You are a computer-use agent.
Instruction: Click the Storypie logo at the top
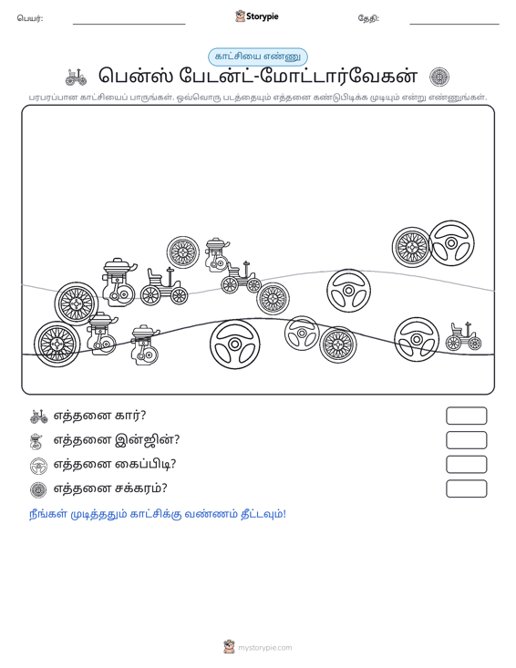[256, 16]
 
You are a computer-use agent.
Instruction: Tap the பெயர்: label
[30, 18]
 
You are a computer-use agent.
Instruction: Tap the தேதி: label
[368, 18]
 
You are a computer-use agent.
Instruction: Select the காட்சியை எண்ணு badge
[257, 57]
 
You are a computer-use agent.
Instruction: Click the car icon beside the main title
[76, 77]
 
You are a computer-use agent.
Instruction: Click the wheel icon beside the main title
[439, 77]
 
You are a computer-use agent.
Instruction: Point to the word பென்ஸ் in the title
[136, 77]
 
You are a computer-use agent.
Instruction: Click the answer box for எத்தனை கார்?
[466, 416]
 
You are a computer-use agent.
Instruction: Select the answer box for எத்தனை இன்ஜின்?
[466, 440]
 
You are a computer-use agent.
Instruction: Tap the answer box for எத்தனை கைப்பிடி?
[466, 465]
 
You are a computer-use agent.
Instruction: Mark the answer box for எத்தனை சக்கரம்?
[466, 488]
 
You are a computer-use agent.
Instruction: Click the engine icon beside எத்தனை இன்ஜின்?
[37, 441]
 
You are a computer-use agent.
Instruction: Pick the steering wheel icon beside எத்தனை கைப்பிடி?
[38, 466]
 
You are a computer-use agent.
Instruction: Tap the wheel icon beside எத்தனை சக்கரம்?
[38, 490]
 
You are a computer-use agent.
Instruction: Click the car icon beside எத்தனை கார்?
[39, 416]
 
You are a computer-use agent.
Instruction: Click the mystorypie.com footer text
[264, 648]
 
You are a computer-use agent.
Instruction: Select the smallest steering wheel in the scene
[302, 333]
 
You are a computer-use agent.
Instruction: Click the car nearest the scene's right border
[464, 336]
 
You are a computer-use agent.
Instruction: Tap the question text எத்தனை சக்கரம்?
[110, 488]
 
